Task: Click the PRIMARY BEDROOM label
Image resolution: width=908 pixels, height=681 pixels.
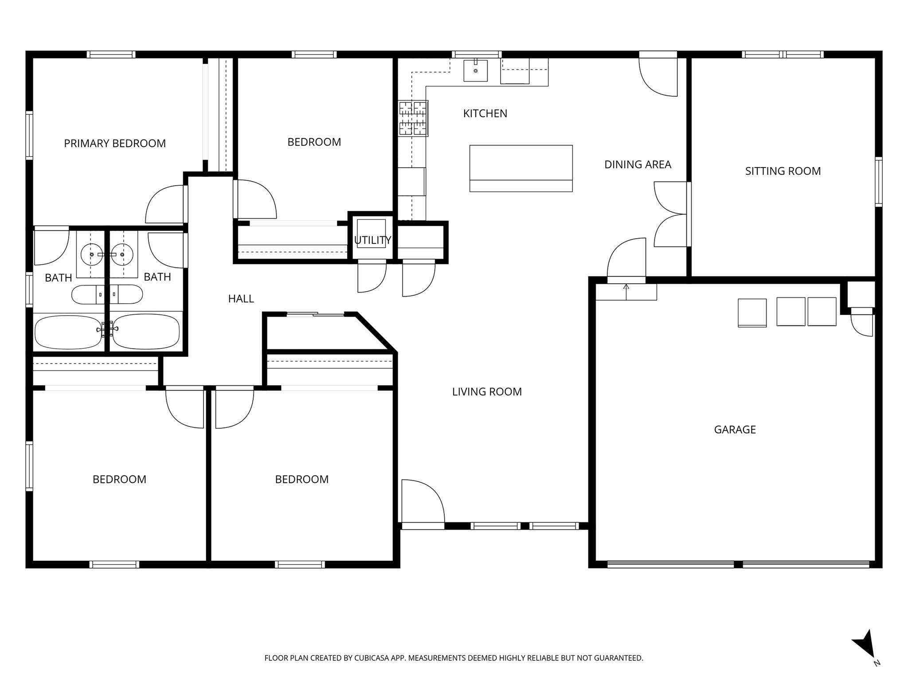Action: (115, 143)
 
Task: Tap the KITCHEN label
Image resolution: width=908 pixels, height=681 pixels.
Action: (485, 113)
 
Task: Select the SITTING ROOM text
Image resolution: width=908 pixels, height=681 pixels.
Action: (783, 171)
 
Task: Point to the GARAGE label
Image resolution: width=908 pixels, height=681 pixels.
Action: (735, 429)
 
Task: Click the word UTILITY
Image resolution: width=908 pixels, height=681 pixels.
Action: (372, 240)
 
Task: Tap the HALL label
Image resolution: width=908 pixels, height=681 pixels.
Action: (241, 299)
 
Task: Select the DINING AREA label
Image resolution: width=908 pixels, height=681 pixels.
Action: (638, 164)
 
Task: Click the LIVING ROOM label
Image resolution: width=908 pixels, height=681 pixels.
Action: (487, 391)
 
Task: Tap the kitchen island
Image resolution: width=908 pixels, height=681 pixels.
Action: (521, 168)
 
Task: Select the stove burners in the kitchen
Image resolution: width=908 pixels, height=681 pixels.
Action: (413, 118)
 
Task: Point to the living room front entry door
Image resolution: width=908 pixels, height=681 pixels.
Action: (423, 503)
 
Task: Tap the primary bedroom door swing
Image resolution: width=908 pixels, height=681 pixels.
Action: (164, 205)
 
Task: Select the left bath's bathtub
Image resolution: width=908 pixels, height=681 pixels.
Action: (68, 332)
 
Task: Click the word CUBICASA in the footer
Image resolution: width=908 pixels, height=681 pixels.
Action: (371, 658)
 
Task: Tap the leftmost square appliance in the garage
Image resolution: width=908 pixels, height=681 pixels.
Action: (752, 313)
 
